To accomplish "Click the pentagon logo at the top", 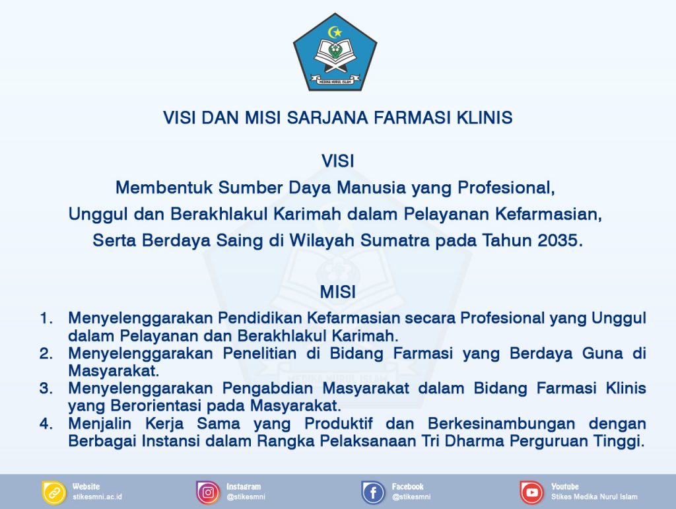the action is point(335,55).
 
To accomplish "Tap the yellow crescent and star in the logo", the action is point(335,32).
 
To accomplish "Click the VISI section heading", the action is point(338,161).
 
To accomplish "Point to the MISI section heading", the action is point(338,292).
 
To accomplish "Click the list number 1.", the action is point(46,318).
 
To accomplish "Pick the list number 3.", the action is point(46,388).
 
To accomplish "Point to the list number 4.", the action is point(46,424).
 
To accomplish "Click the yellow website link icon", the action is point(54,492).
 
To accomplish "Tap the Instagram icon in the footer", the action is point(208,492).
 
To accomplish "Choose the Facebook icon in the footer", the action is point(374,492).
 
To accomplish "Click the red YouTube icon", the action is point(531,492).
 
